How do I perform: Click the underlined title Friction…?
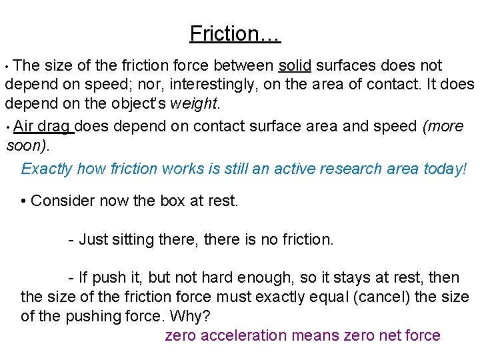click(235, 33)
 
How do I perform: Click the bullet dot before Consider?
click(24, 200)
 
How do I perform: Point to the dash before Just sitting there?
click(71, 239)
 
